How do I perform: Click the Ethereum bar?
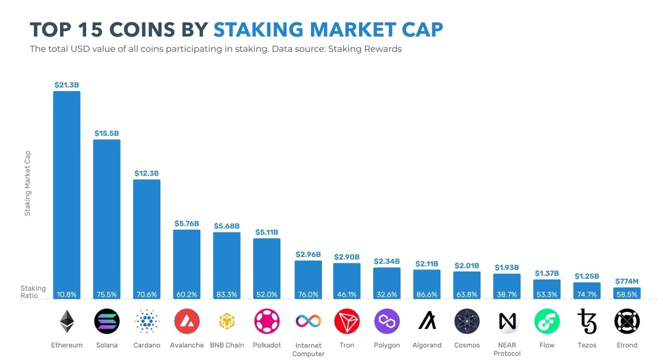pos(67,191)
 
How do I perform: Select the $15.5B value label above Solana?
pos(106,133)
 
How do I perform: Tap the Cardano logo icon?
pos(147,322)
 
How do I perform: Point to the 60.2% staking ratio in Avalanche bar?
pos(187,295)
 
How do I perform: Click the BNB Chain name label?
pos(226,345)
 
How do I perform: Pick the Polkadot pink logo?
pos(267,322)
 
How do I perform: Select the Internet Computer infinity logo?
pos(308,321)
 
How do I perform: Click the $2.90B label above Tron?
pos(347,256)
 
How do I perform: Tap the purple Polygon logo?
pos(387,322)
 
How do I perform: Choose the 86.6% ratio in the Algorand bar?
pos(427,295)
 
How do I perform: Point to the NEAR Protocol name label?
pos(507,349)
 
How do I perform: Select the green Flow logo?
pos(547,322)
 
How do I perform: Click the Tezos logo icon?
pos(587,322)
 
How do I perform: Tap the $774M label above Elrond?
pos(627,281)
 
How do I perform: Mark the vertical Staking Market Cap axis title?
pos(27,183)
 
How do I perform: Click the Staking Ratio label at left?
pos(33,291)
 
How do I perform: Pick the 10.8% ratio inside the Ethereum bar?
pos(67,295)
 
